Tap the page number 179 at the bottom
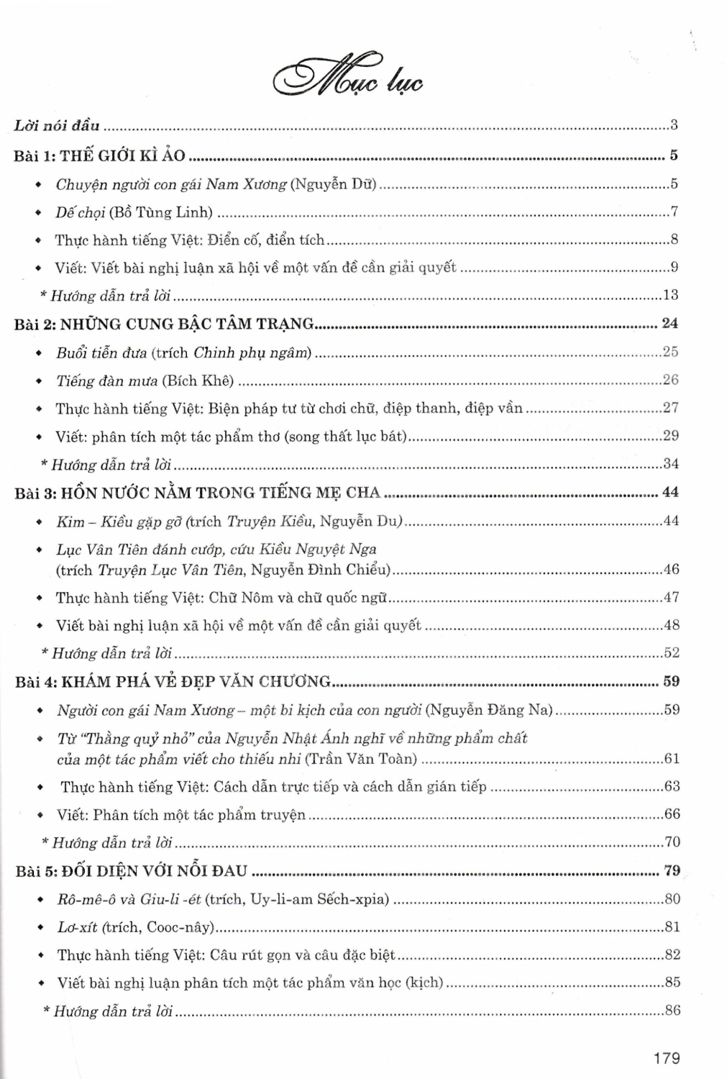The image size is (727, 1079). [667, 1057]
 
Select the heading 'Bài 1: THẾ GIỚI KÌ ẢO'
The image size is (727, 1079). [99, 155]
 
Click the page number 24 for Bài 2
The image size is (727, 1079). [669, 324]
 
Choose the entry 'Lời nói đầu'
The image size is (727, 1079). [57, 126]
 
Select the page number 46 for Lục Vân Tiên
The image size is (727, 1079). [671, 570]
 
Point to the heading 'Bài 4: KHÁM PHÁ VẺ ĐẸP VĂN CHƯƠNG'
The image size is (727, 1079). [173, 681]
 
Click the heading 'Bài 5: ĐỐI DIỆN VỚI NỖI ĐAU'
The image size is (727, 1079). [131, 871]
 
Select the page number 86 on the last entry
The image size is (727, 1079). [672, 1010]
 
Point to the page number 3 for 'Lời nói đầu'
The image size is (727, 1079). [674, 126]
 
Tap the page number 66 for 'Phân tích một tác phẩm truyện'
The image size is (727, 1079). [672, 814]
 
